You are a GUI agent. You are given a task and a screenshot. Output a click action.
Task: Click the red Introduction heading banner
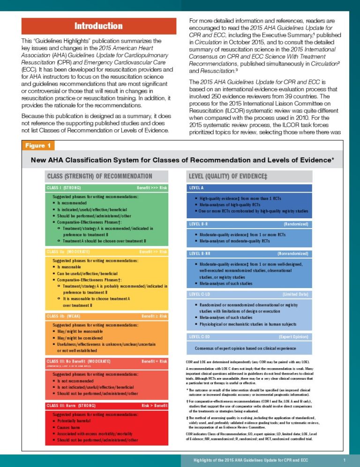click(x=98, y=26)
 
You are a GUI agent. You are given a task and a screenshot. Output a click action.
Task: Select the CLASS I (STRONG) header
click(x=64, y=188)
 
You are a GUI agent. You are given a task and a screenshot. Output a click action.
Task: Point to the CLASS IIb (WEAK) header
click(x=63, y=316)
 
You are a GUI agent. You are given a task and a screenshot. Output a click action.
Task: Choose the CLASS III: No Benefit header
click(x=78, y=361)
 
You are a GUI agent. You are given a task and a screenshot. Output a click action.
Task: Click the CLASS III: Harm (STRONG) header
click(x=71, y=405)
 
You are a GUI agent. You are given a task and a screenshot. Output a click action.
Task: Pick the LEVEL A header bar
click(x=197, y=188)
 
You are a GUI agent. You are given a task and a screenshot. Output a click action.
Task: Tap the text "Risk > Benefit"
click(x=154, y=405)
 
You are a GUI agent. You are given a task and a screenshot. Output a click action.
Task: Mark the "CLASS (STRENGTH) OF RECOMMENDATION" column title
click(x=99, y=176)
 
